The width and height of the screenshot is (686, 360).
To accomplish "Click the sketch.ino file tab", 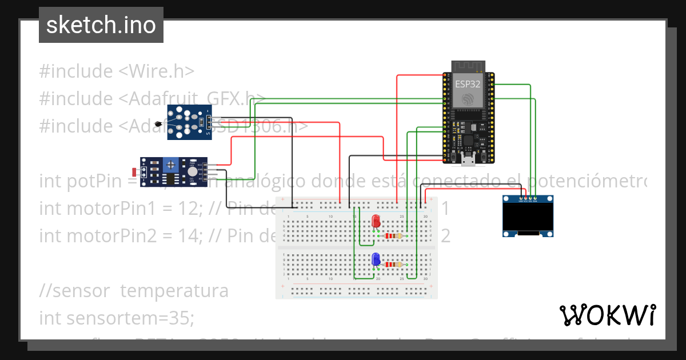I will pyautogui.click(x=101, y=25).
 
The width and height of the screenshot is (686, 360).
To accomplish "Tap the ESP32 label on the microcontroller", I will pyautogui.click(x=467, y=83).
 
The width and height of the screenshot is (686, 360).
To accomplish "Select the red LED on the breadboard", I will pyautogui.click(x=376, y=221).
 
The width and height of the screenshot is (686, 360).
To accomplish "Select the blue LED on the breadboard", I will pyautogui.click(x=376, y=259).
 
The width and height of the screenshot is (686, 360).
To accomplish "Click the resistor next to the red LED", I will pyautogui.click(x=393, y=235).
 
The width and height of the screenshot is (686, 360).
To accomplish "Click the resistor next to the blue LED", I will pyautogui.click(x=393, y=265).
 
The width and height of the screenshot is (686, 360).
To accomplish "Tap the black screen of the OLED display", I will pyautogui.click(x=528, y=217).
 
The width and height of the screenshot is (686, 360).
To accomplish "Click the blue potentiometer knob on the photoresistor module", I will pyautogui.click(x=170, y=166).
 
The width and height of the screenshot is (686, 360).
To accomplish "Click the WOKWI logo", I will pyautogui.click(x=607, y=315).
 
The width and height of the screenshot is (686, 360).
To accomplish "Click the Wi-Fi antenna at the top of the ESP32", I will pyautogui.click(x=468, y=66).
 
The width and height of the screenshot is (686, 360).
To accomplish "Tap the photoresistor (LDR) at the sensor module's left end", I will pyautogui.click(x=135, y=171).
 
